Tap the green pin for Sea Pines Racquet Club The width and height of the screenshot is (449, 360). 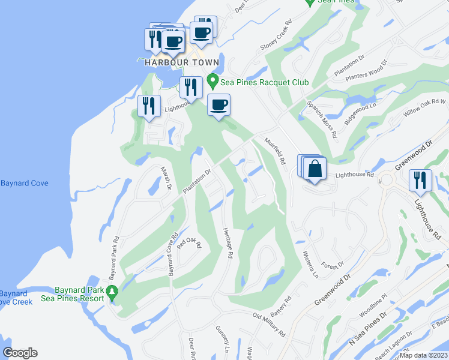[x=212, y=80]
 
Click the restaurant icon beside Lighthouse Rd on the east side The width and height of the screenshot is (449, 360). [x=420, y=180]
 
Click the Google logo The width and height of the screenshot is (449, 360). [x=20, y=353]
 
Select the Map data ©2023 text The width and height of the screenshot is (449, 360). [x=423, y=355]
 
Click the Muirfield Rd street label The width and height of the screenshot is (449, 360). [x=274, y=151]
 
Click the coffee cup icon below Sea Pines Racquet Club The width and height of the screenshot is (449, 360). [x=218, y=106]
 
